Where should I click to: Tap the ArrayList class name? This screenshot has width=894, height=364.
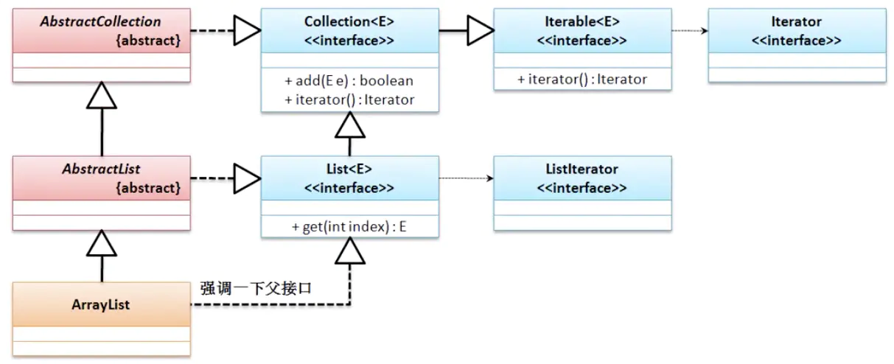pos(102,304)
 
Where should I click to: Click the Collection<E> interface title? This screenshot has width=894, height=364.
pos(349,22)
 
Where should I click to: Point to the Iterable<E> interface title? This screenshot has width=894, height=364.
pos(582,22)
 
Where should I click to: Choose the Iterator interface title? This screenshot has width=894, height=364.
pos(796,22)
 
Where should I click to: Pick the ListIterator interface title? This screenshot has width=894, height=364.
pos(582,169)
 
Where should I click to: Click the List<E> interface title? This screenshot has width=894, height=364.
pos(349,169)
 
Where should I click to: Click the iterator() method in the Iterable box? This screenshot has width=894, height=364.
pos(582,80)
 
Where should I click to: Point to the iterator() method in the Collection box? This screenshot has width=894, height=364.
pos(349,99)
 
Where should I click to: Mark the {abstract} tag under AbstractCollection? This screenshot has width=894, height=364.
pos(148,41)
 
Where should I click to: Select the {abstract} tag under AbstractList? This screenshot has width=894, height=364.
pos(148,188)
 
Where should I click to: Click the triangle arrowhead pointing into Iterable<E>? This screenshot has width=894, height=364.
pos(480,31)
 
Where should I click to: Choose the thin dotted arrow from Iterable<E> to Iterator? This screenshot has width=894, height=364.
pos(689,31)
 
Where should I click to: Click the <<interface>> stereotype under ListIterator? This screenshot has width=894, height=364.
pos(582,188)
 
